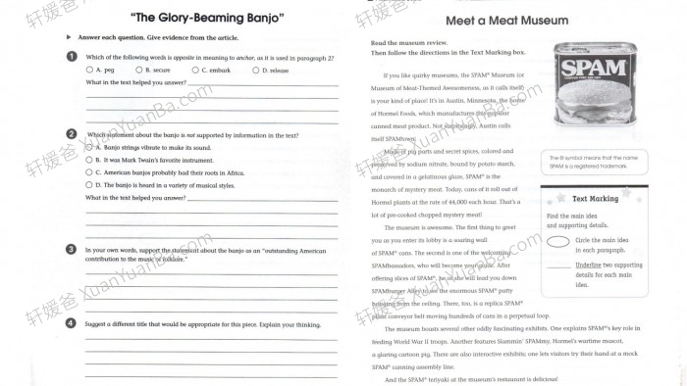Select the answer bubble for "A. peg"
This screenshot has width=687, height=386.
pyautogui.click(x=88, y=71)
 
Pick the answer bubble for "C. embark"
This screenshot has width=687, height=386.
pyautogui.click(x=194, y=71)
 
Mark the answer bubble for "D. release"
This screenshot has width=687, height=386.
pyautogui.click(x=255, y=71)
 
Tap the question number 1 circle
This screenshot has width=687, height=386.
pyautogui.click(x=71, y=57)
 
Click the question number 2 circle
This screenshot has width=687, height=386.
pyautogui.click(x=71, y=134)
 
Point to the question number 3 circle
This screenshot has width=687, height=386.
pyautogui.click(x=71, y=250)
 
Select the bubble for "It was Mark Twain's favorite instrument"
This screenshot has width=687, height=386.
pyautogui.click(x=88, y=159)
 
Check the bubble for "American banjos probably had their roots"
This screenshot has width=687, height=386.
pyautogui.click(x=88, y=171)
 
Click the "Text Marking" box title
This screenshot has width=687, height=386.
pyautogui.click(x=595, y=198)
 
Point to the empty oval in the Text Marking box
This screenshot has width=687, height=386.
pyautogui.click(x=559, y=241)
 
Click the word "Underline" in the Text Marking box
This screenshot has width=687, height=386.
pyautogui.click(x=589, y=265)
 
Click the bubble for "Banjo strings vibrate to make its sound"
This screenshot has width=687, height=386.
pyautogui.click(x=88, y=147)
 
